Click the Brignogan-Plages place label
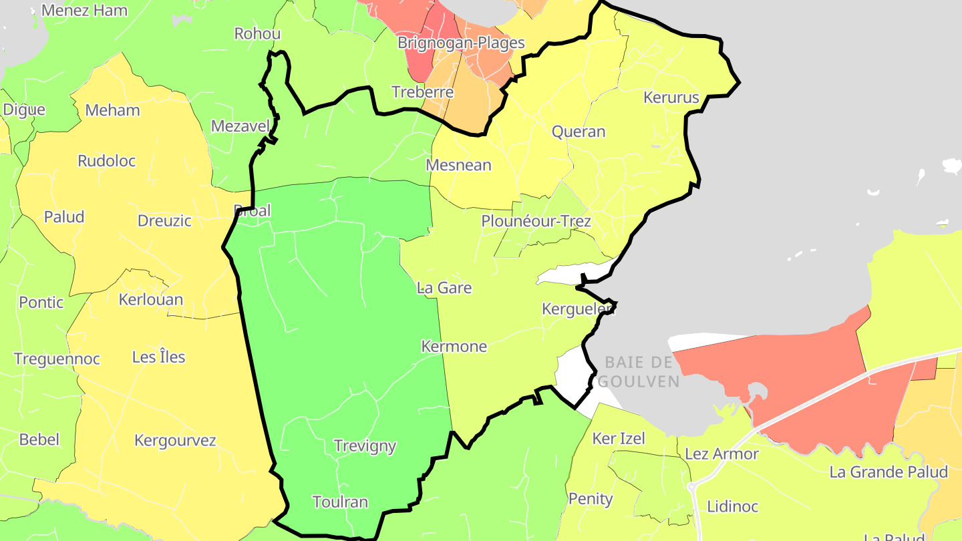click(x=461, y=43)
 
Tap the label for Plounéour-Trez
click(x=536, y=220)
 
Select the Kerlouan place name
click(x=151, y=299)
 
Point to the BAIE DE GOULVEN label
click(x=639, y=372)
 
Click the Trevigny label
click(x=365, y=445)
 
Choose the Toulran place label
click(x=340, y=502)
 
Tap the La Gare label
click(x=444, y=288)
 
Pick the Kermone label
click(x=454, y=347)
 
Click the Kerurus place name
click(x=671, y=98)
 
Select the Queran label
click(x=579, y=132)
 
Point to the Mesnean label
click(x=459, y=165)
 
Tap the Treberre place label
click(x=423, y=92)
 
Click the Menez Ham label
click(x=84, y=11)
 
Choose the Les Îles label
click(x=159, y=357)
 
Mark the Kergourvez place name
click(x=176, y=440)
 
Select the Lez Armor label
click(x=722, y=454)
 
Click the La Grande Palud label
click(x=889, y=472)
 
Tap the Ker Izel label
click(x=619, y=439)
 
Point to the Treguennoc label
click(x=57, y=359)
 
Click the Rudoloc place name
click(x=107, y=161)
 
